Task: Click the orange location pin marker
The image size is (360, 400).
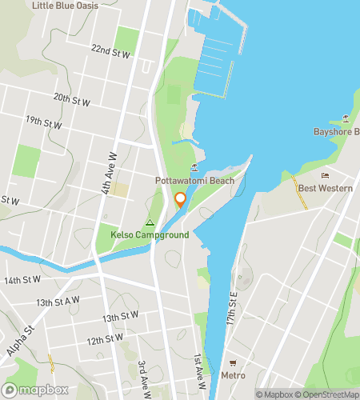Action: [x=180, y=200]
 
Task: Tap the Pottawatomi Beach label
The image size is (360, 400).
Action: [x=194, y=182]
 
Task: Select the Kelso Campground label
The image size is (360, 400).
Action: [x=150, y=235]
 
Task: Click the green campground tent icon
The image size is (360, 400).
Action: [x=149, y=222]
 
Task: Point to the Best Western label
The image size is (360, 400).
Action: [x=325, y=188]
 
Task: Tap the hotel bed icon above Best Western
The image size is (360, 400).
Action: [x=325, y=175]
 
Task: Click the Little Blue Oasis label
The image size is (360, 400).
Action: [x=65, y=6]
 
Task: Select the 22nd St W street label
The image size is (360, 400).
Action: [x=110, y=53]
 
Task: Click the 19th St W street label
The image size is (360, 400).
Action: [x=44, y=123]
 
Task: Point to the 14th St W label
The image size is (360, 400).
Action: [x=22, y=280]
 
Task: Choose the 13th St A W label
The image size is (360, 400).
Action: [x=58, y=301]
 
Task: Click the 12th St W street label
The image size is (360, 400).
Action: [x=106, y=338]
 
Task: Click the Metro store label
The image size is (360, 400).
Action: [x=234, y=374]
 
